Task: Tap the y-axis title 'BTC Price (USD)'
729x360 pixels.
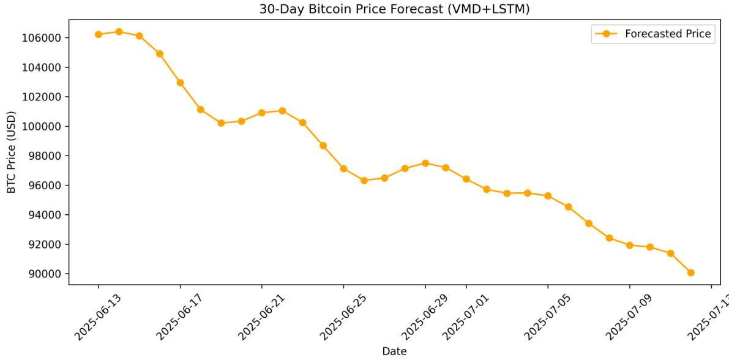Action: [11, 152]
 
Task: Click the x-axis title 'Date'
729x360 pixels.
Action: [394, 351]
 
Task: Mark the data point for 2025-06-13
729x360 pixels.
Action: [99, 34]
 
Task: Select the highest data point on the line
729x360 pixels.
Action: [119, 32]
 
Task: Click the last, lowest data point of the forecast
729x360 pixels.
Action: [690, 272]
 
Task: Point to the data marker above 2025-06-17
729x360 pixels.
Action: [180, 83]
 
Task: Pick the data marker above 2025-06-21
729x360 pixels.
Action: [262, 113]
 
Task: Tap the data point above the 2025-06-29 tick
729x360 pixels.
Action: [425, 163]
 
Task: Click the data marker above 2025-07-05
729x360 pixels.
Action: [548, 196]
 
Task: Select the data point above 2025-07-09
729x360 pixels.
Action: [629, 245]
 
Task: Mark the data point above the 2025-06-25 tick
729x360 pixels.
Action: [343, 168]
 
